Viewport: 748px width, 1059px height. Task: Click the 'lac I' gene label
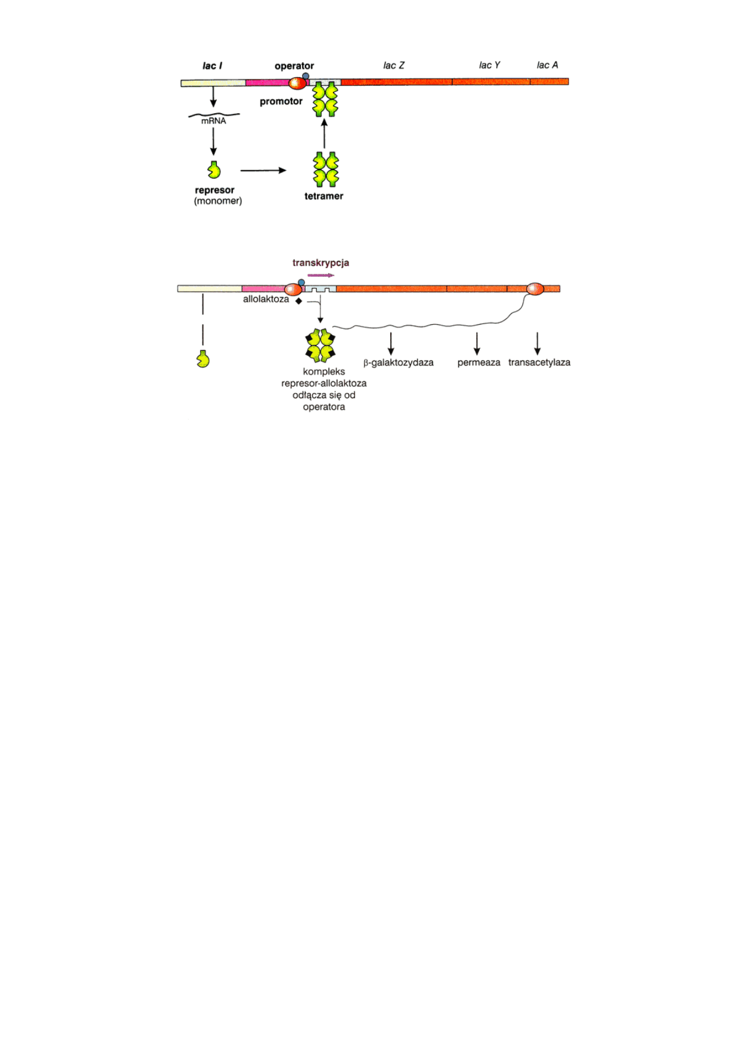pos(212,66)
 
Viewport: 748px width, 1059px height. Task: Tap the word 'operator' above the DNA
pos(294,66)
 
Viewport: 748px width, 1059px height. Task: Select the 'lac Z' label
pos(394,65)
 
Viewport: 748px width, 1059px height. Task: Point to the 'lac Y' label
pos(489,65)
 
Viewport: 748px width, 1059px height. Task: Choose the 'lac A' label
pos(547,65)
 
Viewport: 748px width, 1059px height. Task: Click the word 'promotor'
pos(281,101)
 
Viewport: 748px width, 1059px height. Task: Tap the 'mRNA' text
pos(213,121)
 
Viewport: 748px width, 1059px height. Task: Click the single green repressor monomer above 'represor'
pos(214,170)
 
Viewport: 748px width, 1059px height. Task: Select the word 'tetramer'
pos(323,196)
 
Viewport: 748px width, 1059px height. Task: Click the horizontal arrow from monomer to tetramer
pos(263,171)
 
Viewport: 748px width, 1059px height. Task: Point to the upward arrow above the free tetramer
pos(324,133)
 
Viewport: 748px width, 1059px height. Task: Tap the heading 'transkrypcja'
pos(320,263)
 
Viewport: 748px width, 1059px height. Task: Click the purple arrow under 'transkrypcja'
pos(320,275)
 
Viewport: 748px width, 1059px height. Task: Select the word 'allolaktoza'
pos(266,299)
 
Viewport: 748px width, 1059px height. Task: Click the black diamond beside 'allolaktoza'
pos(298,301)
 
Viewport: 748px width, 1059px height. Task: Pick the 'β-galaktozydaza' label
pos(398,363)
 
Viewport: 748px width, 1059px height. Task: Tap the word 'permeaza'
pos(479,363)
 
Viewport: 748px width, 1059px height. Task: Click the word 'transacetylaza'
pos(539,363)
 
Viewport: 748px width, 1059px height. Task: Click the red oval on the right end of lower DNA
pos(535,289)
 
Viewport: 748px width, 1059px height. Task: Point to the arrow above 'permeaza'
pos(477,344)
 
